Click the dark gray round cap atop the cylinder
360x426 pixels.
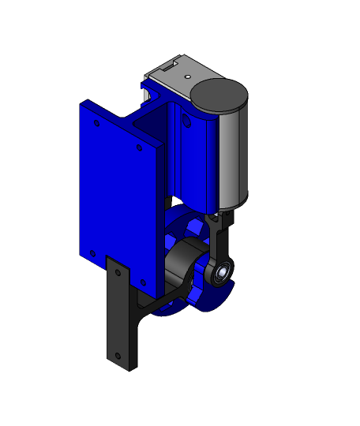219,94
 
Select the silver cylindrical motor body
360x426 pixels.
232,158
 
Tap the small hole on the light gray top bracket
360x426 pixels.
188,77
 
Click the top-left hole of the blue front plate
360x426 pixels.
97,123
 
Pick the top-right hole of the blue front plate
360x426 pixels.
140,148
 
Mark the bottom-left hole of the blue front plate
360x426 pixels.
92,253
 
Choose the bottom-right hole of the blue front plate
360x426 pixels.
143,282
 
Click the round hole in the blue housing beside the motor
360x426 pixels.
187,121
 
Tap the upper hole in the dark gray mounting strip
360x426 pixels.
118,272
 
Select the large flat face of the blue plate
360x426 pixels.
118,197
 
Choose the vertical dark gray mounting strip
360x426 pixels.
120,316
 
